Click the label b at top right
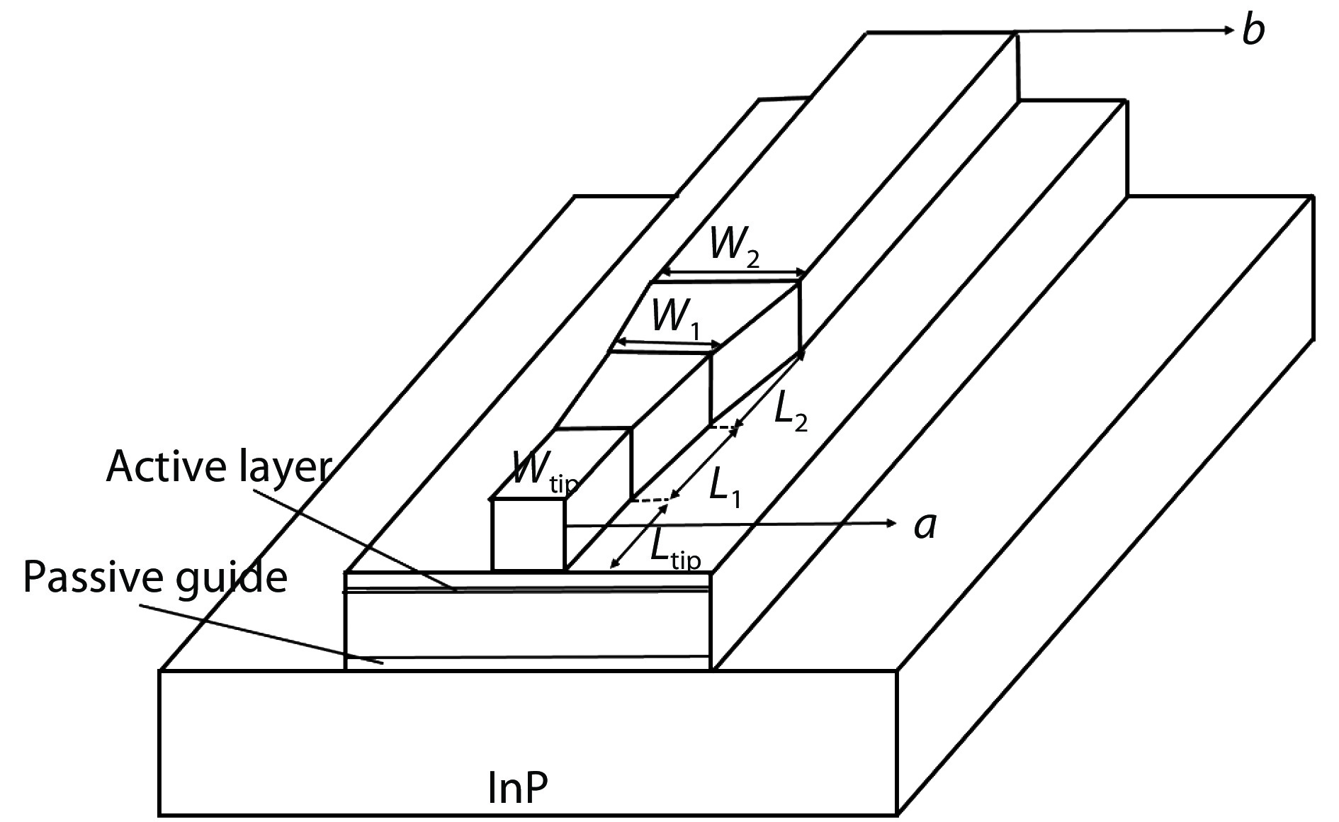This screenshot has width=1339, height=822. point(1253,31)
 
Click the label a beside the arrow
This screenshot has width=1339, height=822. point(924,526)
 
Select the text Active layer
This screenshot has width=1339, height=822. point(219,467)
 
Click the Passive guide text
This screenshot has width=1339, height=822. point(155,577)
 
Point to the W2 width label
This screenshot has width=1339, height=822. point(735,249)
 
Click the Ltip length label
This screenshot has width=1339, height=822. point(674,551)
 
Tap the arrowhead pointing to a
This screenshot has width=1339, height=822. point(891,524)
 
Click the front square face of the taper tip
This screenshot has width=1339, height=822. point(529,534)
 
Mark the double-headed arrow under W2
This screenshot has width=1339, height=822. point(733,273)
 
